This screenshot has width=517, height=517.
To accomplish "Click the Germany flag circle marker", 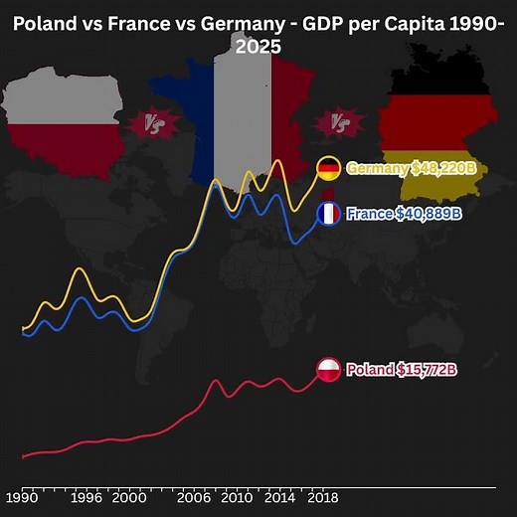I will point(329,168).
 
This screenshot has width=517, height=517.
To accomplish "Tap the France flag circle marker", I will point(329,214).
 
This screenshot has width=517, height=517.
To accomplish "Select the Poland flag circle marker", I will point(329,371).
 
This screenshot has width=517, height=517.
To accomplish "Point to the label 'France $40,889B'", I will point(403,214).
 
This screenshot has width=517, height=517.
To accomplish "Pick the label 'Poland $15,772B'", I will point(402,371).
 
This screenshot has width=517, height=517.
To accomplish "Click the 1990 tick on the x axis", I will point(21,497).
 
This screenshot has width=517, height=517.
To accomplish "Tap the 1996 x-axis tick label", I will point(87,497).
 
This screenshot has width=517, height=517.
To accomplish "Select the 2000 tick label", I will point(128,497).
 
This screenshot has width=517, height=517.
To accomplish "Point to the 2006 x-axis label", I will point(195,497).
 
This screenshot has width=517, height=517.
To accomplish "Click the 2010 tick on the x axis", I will point(237,497).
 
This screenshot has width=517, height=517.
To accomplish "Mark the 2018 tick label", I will point(320,497).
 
